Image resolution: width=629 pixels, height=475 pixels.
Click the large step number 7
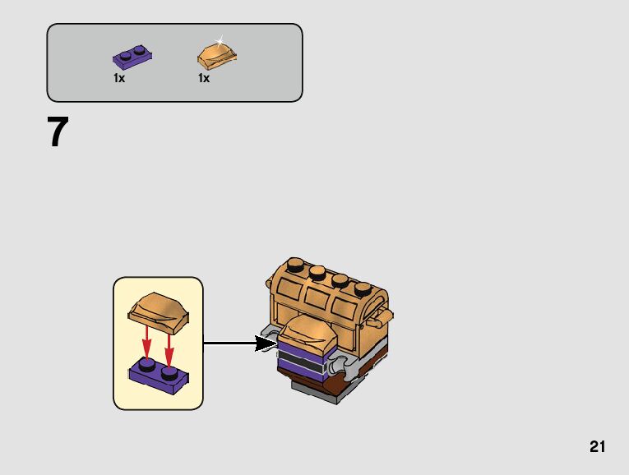click(57, 132)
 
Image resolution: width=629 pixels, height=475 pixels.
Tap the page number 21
click(597, 447)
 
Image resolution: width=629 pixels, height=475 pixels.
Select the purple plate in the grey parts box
click(132, 57)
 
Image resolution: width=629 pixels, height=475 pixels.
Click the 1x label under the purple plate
click(119, 79)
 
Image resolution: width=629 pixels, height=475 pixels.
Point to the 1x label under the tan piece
click(204, 79)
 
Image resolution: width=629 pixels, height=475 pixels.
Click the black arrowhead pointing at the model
click(266, 344)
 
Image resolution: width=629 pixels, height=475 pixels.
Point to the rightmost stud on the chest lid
click(360, 290)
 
